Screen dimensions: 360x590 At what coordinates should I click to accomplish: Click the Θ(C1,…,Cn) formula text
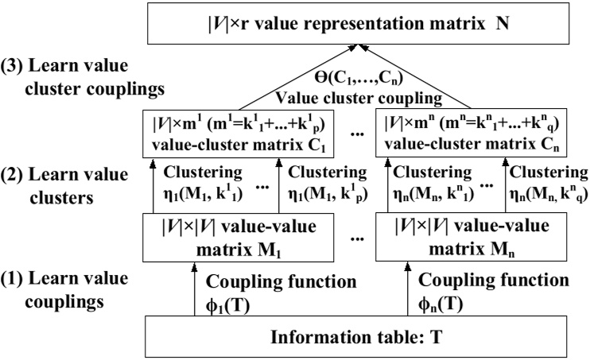tap(351, 80)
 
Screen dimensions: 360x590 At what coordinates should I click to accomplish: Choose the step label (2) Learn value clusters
tap(56, 182)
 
